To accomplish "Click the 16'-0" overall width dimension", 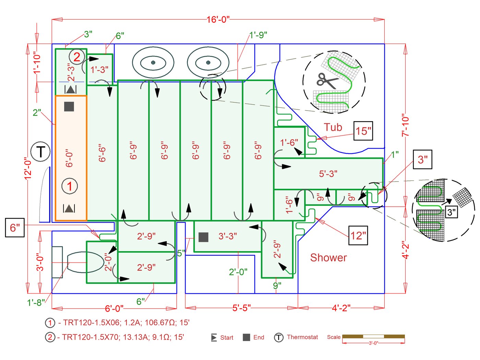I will (218, 20).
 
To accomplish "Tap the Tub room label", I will (333, 127).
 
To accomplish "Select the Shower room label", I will (328, 258).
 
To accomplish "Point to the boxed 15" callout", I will (363, 131).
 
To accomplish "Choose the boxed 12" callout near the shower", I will (358, 235).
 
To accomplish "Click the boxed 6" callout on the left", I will (15, 228).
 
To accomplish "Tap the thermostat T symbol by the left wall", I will (40, 151).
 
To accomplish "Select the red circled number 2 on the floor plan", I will (77, 57).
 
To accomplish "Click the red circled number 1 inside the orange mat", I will (70, 186).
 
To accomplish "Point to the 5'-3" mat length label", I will (328, 174).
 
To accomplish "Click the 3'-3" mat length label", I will (228, 236).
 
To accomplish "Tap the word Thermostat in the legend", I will (302, 337).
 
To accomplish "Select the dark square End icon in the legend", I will (246, 337).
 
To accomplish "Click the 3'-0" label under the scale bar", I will (373, 343).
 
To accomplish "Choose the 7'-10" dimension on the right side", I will (406, 125).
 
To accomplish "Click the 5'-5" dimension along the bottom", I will (241, 308).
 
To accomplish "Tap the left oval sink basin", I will (153, 62).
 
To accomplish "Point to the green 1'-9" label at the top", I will (258, 35).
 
